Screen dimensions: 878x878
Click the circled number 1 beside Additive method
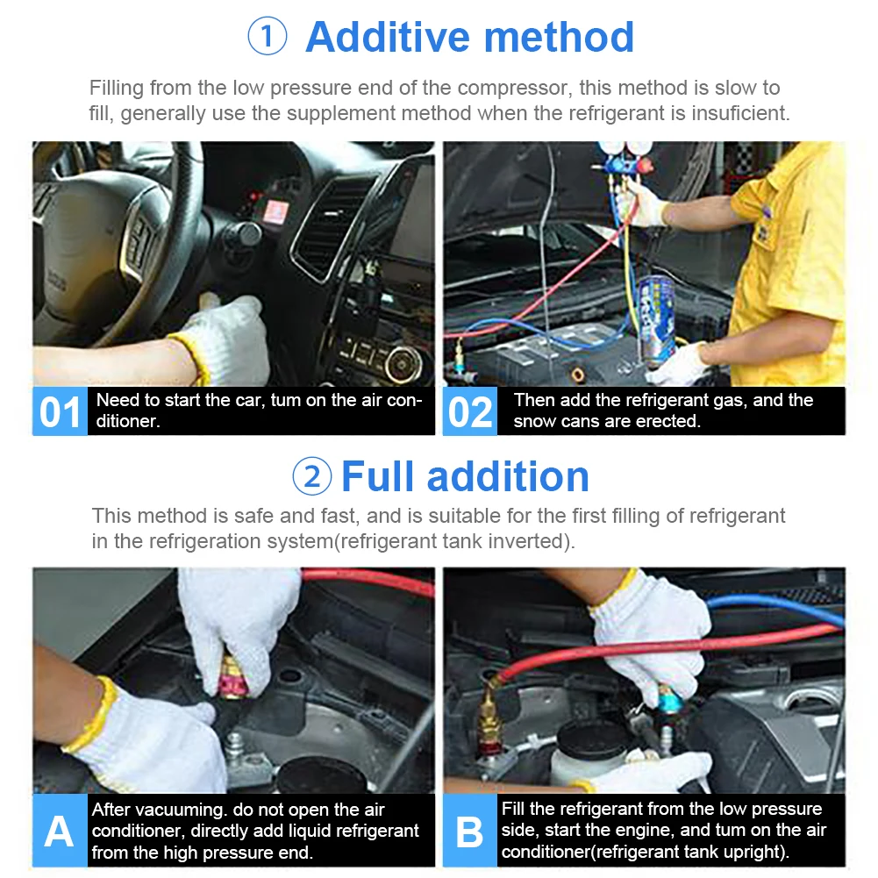tap(268, 36)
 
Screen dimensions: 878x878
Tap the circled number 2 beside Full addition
tap(312, 476)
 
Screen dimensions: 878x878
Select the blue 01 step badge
tap(60, 411)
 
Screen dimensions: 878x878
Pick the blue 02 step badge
tap(470, 411)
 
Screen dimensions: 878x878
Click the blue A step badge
tap(60, 830)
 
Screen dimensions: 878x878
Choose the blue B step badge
tap(470, 830)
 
